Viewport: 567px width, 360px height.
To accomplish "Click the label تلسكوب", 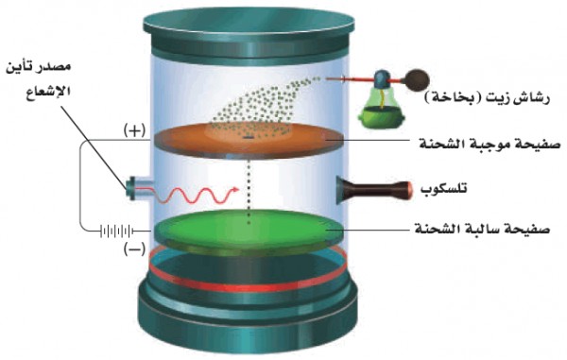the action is tap(444, 189).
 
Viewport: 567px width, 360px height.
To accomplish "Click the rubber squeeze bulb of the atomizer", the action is tap(419, 78).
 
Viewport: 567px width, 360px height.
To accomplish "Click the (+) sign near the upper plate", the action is tap(135, 130).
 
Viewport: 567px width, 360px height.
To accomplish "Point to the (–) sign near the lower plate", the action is tap(134, 249).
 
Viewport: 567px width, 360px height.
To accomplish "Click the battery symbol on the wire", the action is tap(116, 231).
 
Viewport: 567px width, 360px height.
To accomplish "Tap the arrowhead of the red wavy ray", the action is tap(235, 189).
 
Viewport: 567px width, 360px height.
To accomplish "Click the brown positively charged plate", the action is tap(249, 140).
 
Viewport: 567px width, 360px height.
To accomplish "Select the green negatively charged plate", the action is tap(249, 230).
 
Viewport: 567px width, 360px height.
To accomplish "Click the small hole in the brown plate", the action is tap(249, 138).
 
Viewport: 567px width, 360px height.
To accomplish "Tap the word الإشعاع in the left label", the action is tap(48, 91).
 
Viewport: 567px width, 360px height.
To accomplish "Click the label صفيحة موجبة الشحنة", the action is tap(490, 144).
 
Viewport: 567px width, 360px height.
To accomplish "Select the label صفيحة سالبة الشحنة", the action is tap(482, 229).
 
